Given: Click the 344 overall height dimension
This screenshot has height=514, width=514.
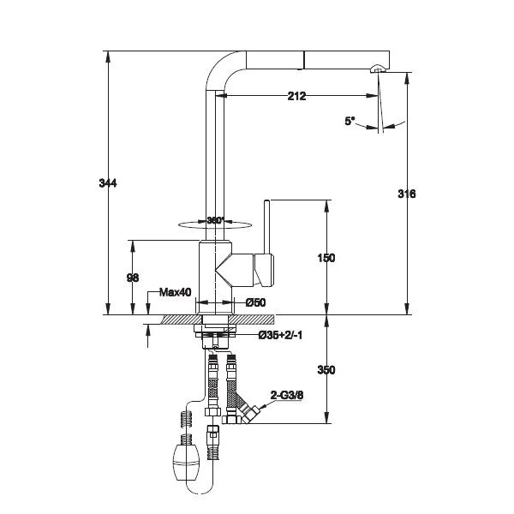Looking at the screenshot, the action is (x=108, y=183).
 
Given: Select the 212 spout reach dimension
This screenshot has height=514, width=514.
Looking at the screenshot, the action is (x=296, y=96).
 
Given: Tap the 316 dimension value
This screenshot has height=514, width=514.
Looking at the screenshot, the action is (x=406, y=194).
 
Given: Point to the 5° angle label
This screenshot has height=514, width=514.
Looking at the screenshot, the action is (x=350, y=121).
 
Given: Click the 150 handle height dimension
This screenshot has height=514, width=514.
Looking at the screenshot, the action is (x=326, y=258).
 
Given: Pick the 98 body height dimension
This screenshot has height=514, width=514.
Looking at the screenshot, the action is (x=133, y=278).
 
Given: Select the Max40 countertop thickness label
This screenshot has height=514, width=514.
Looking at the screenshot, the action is (x=175, y=292).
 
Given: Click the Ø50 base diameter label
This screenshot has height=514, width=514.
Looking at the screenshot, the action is (x=255, y=302).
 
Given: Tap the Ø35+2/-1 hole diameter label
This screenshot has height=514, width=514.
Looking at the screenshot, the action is (x=280, y=335).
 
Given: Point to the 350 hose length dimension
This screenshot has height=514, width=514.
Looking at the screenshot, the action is (x=326, y=370).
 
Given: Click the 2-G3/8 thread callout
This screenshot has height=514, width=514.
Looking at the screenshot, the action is (x=287, y=395).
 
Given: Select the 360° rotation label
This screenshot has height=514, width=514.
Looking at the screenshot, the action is (x=215, y=220).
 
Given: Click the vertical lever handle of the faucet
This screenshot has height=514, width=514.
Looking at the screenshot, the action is (x=266, y=227).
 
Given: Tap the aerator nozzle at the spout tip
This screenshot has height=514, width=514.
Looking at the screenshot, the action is (x=378, y=69).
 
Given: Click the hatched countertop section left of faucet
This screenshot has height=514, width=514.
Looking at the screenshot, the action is (x=181, y=320).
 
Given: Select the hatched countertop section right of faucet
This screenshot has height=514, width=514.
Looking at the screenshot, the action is (x=253, y=320).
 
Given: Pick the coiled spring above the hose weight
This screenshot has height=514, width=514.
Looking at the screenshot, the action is (x=187, y=418).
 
